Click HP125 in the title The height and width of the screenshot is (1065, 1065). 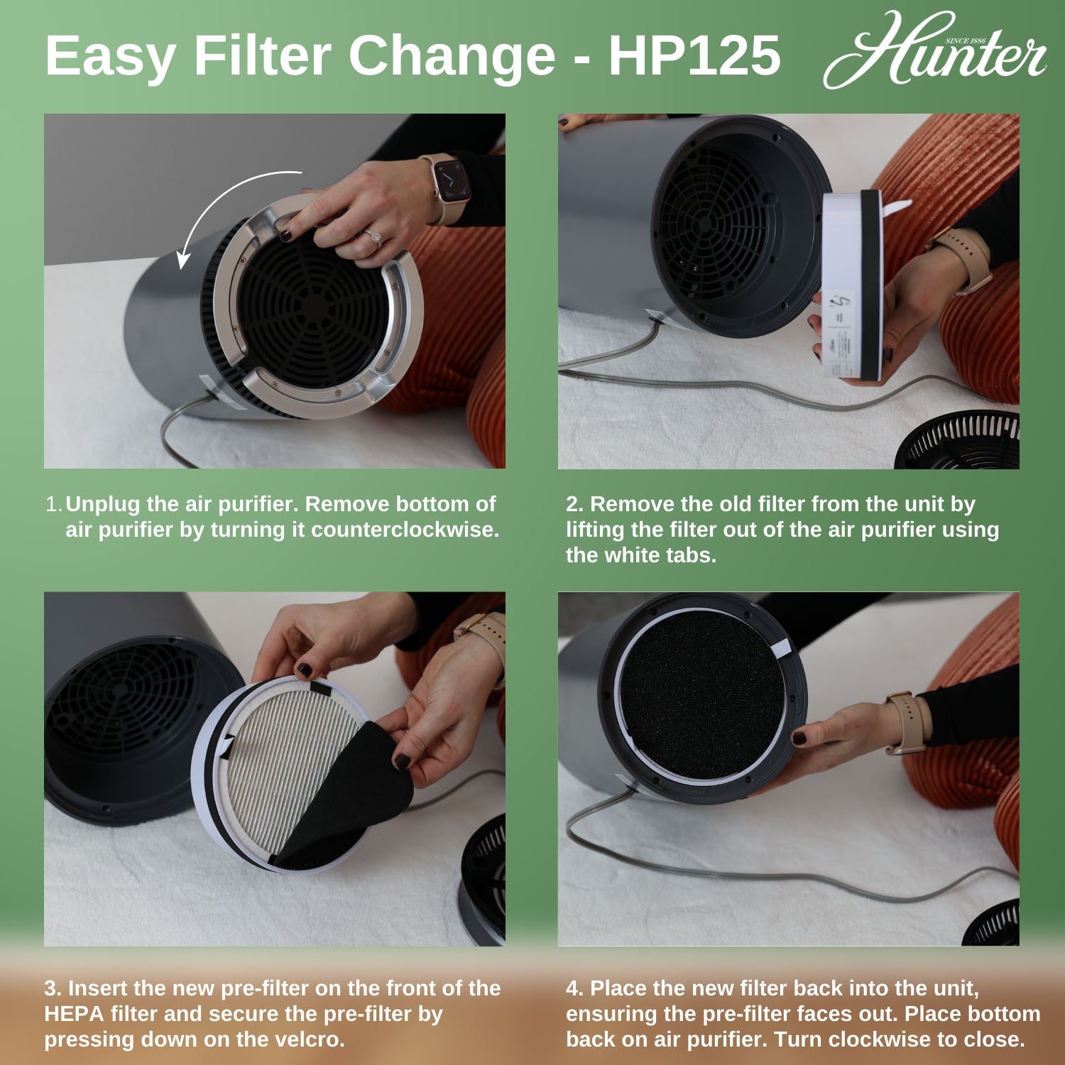click(694, 55)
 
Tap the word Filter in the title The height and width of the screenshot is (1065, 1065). click(262, 55)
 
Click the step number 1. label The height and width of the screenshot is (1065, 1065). click(54, 504)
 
